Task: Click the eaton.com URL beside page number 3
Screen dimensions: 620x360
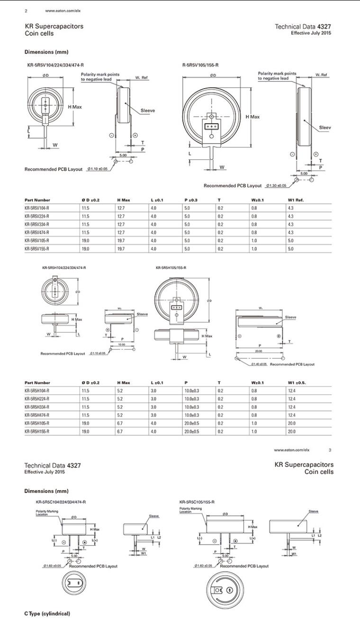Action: (291, 449)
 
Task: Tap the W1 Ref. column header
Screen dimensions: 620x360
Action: (296, 200)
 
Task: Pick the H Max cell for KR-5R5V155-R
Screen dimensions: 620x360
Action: (121, 248)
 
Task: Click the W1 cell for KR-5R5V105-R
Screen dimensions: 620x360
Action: (291, 240)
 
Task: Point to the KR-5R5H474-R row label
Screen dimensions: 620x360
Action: (37, 415)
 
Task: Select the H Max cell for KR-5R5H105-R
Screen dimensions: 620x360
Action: (120, 423)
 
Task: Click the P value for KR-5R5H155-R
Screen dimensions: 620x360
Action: (192, 431)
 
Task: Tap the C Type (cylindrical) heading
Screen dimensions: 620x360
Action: (47, 613)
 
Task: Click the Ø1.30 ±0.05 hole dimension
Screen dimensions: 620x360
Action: (276, 185)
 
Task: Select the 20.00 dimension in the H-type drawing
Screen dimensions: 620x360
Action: (258, 351)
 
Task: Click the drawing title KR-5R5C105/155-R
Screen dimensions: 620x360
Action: (197, 501)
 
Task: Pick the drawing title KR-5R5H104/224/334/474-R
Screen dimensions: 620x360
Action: (64, 268)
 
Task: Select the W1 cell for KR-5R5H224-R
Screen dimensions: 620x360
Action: (291, 399)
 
